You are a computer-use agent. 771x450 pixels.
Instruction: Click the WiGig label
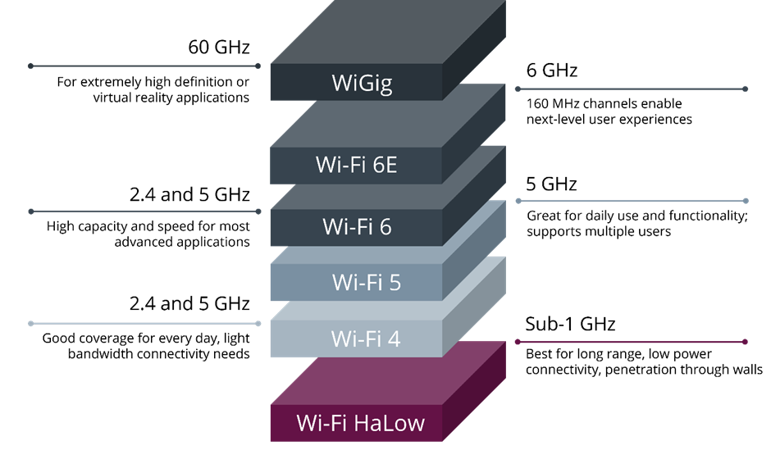362,84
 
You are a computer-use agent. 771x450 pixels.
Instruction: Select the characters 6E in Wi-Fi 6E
384,165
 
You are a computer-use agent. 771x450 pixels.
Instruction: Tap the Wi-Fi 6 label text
357,226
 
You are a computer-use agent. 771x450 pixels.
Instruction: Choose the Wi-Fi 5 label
366,283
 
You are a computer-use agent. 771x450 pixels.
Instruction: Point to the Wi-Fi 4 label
365,338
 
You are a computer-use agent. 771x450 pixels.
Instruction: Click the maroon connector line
632,342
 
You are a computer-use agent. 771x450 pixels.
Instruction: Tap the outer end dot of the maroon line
745,342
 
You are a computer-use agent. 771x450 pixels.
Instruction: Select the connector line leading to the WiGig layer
144,66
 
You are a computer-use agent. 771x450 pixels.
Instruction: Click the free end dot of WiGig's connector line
30,66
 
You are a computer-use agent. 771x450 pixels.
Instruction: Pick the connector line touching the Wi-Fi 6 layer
144,211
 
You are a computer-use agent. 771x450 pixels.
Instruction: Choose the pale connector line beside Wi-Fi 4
144,324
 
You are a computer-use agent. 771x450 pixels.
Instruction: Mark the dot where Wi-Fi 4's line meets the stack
258,324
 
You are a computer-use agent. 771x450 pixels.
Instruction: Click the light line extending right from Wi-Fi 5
632,201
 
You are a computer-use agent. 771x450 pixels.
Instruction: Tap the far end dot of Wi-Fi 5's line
745,201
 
